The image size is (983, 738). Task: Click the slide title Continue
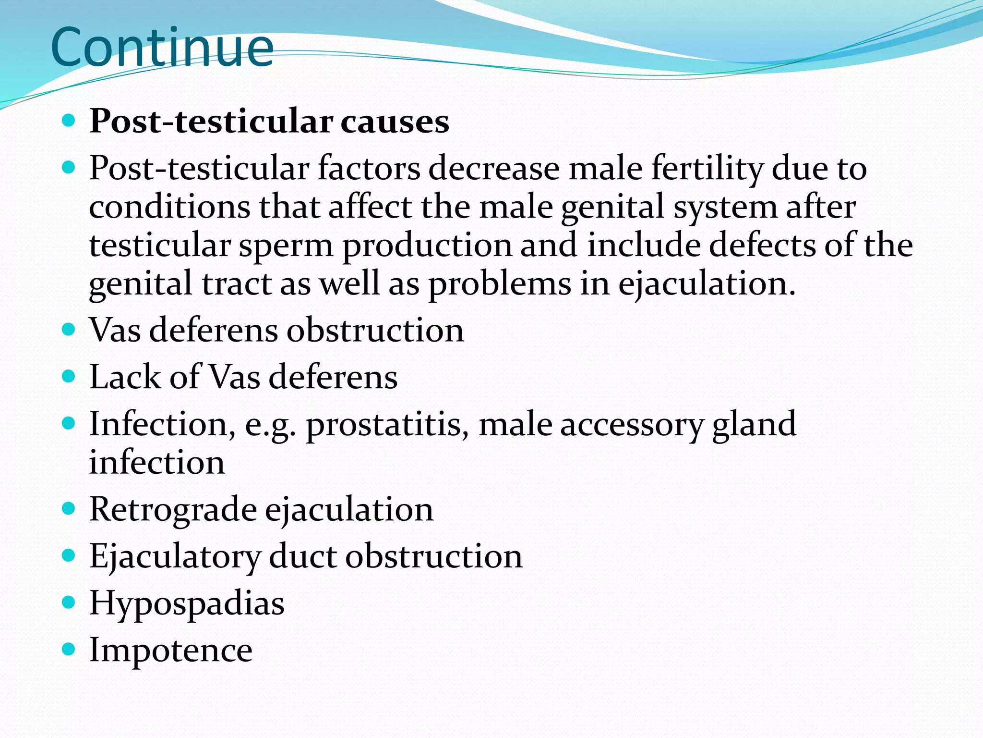click(x=162, y=48)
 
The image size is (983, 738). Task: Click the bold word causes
click(x=395, y=121)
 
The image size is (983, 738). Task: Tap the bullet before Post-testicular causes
click(x=69, y=120)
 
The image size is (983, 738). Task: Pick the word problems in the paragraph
click(x=500, y=284)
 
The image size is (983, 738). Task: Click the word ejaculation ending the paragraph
click(x=706, y=284)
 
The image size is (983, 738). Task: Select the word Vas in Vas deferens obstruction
click(x=115, y=331)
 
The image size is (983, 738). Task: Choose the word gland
click(x=754, y=425)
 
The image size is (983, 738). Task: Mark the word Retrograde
click(x=173, y=509)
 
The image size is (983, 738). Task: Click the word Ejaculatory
click(x=174, y=557)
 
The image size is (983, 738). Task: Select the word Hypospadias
click(x=187, y=603)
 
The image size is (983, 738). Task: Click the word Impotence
click(x=171, y=650)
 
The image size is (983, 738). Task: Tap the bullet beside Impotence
click(x=69, y=650)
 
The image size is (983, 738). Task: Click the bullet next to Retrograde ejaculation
click(x=69, y=508)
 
